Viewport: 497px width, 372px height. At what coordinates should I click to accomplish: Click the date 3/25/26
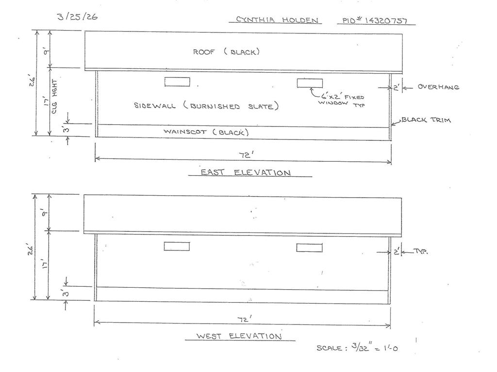coord(77,16)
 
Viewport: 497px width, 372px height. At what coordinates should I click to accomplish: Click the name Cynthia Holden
coord(277,20)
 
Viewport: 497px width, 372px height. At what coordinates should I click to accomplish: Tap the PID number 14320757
coord(375,20)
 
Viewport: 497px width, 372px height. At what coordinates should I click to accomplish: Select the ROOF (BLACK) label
coord(226,51)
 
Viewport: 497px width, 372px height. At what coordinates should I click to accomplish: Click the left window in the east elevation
coord(177,81)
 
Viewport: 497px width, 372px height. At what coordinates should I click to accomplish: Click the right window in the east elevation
coord(310,83)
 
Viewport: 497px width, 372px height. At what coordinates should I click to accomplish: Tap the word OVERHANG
coord(438,87)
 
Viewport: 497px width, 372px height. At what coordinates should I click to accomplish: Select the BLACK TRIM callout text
coord(426,120)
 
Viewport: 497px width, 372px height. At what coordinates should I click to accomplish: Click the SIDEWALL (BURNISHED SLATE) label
coord(206,106)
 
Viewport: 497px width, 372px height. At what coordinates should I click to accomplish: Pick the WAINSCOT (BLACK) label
coord(206,132)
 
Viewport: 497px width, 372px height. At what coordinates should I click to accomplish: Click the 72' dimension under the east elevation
coord(246,155)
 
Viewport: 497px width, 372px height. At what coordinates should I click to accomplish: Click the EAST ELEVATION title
coord(246,172)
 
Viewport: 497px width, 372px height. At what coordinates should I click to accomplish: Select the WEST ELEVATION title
coord(239,336)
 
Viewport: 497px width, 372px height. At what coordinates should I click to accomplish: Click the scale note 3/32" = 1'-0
coord(357,347)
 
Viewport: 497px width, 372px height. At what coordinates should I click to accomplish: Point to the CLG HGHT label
coord(54,96)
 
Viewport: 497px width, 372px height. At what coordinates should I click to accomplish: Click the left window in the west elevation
coord(177,246)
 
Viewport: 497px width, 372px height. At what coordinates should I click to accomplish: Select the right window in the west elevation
coord(309,248)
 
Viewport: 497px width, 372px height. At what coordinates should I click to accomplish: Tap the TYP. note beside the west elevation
coord(420,252)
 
